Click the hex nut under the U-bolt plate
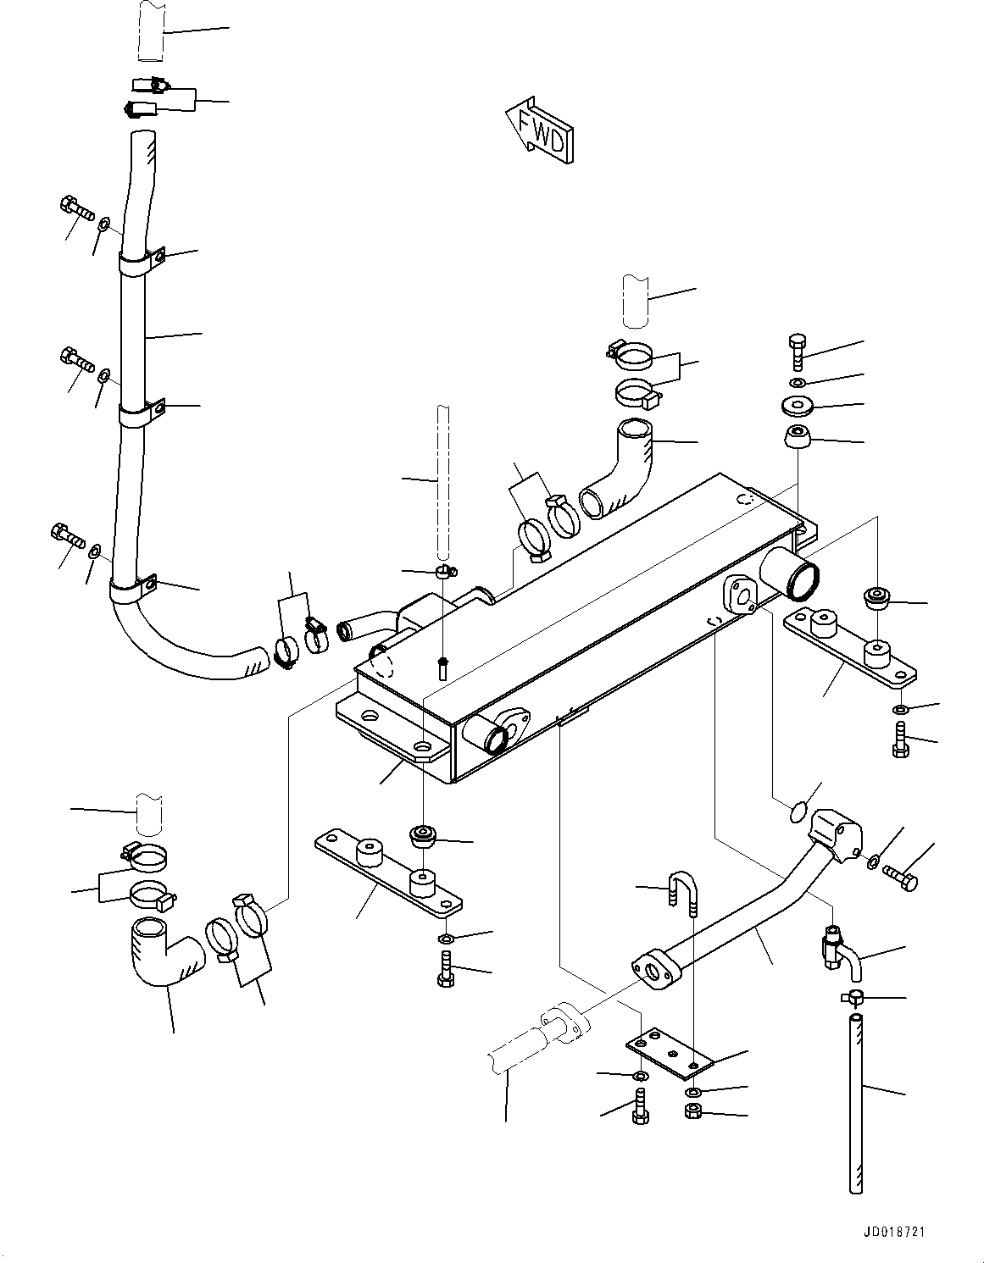[692, 1111]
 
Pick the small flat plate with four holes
[671, 1055]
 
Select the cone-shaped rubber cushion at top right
[797, 439]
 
